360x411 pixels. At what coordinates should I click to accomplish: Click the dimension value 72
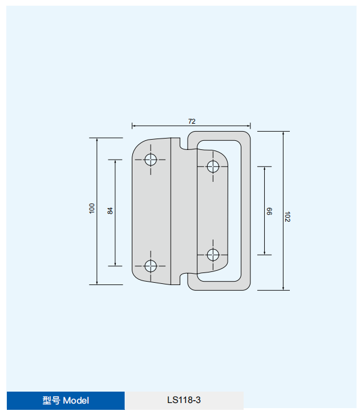tap(192, 121)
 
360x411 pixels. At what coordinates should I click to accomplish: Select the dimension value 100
tap(92, 209)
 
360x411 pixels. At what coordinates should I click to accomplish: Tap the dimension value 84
tap(110, 211)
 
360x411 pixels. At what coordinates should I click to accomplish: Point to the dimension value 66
tap(269, 211)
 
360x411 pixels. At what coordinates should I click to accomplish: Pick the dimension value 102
tap(288, 217)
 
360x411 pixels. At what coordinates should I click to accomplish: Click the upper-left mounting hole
tap(151, 160)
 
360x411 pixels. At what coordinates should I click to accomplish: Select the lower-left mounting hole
tap(151, 266)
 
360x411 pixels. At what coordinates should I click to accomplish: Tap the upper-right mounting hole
tap(213, 166)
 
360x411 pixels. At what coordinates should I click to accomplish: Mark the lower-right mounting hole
tap(213, 254)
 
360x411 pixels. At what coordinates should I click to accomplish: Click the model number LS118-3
tap(184, 400)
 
